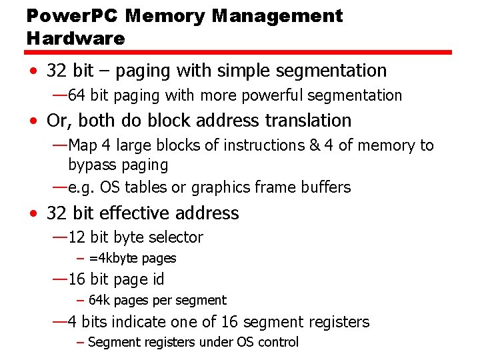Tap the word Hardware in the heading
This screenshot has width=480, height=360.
tap(76, 39)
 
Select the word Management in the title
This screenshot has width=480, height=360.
tap(277, 16)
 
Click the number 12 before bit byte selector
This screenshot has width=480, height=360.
tap(77, 237)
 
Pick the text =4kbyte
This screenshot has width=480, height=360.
tap(112, 259)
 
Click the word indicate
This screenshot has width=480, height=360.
tap(138, 322)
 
